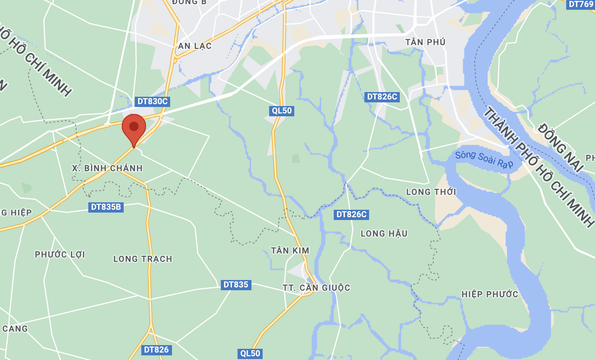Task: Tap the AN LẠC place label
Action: (x=195, y=46)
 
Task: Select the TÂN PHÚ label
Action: (x=425, y=42)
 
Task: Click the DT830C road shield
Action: (x=152, y=101)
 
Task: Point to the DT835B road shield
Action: (x=106, y=207)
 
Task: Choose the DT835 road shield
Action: (x=236, y=285)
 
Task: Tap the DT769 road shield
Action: (x=581, y=4)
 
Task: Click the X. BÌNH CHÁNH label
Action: (x=107, y=168)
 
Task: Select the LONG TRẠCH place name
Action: (x=143, y=259)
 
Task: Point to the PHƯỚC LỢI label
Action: (x=60, y=254)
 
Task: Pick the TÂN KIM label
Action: (x=290, y=251)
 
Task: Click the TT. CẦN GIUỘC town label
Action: (x=317, y=288)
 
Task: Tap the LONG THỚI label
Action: (x=431, y=192)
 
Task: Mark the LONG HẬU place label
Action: (x=384, y=233)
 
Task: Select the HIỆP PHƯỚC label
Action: (x=489, y=294)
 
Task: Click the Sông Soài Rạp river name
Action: (x=484, y=160)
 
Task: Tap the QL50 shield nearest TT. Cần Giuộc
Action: (x=250, y=353)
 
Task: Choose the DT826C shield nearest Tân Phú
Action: (x=382, y=97)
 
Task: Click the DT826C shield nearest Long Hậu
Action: (x=351, y=214)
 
